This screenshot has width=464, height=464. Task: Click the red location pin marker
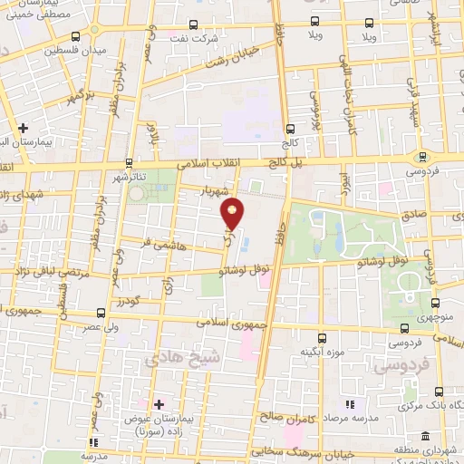point(234,213)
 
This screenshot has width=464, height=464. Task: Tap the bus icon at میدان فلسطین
point(75,35)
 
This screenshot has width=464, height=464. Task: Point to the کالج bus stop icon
point(290,128)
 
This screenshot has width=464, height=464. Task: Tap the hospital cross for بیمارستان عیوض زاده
point(159,402)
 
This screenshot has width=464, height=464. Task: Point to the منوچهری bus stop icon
point(436,303)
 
